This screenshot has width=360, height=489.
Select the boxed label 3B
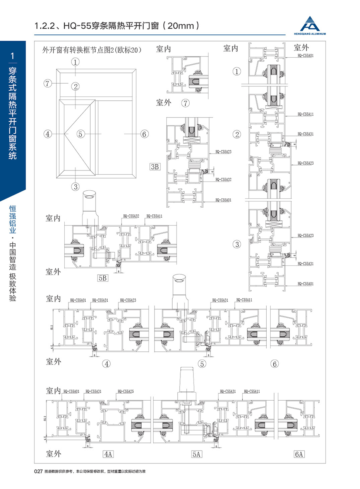click(x=155, y=167)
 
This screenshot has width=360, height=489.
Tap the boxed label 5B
click(x=103, y=277)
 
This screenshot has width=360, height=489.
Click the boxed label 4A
click(x=107, y=454)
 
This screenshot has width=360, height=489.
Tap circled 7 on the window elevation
click(x=48, y=83)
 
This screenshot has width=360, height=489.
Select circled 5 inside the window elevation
click(x=80, y=134)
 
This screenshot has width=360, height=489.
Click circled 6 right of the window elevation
click(x=144, y=134)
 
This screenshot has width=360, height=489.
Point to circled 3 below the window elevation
click(x=75, y=186)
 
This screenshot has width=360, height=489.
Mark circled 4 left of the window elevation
click(x=48, y=134)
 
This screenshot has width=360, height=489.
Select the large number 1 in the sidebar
click(x=13, y=55)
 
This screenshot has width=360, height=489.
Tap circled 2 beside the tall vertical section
click(x=237, y=134)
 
